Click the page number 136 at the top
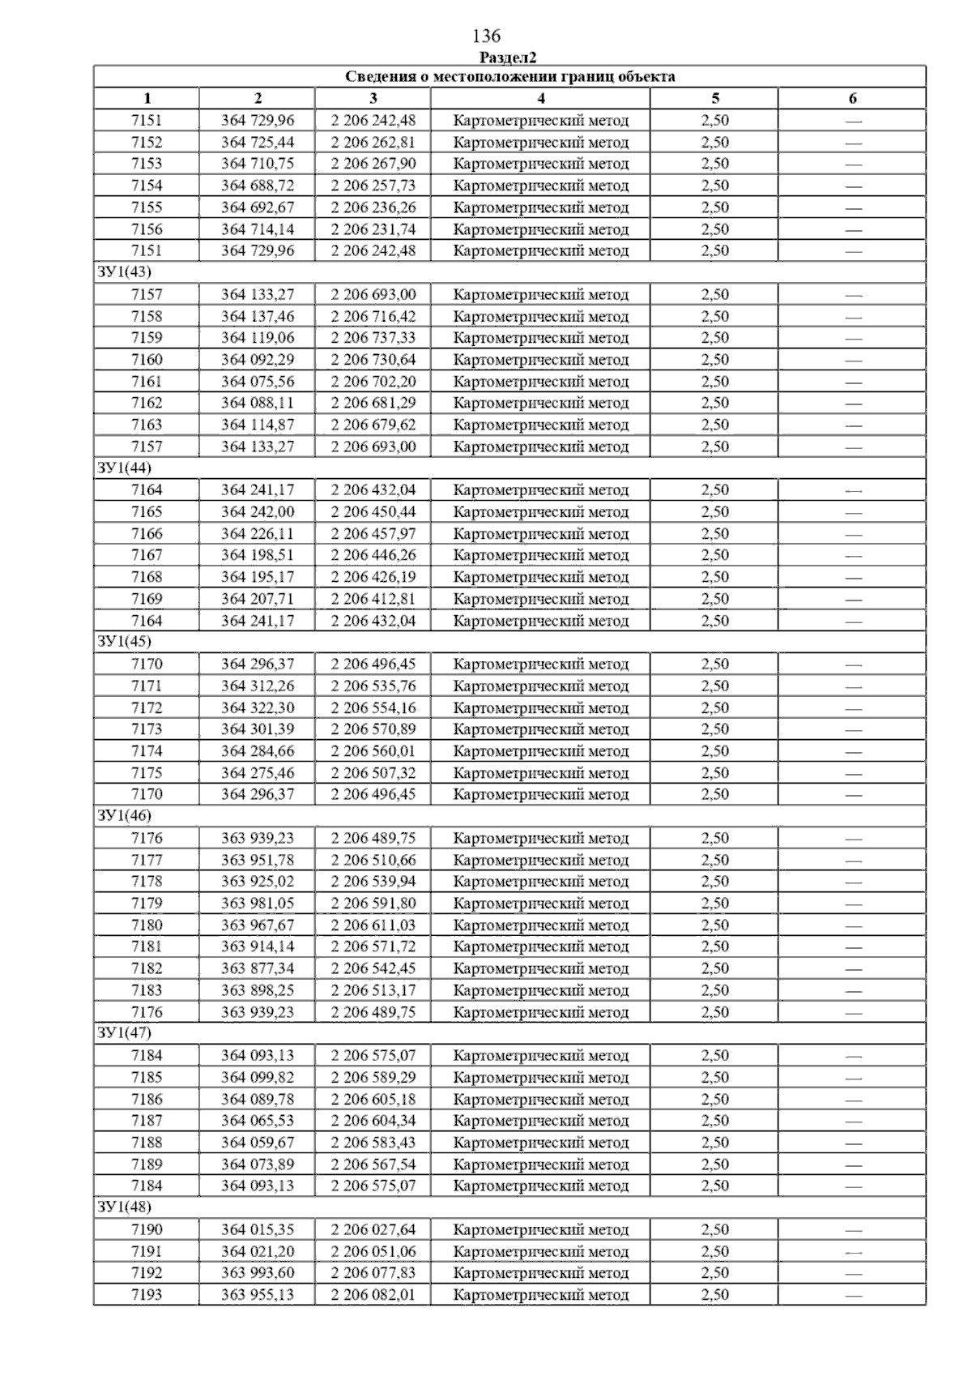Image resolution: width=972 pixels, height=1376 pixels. [x=486, y=36]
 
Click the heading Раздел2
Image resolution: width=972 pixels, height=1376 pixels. [x=508, y=58]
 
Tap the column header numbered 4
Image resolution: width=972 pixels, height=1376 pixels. [x=540, y=99]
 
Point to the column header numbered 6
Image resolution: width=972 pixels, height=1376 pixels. [x=852, y=99]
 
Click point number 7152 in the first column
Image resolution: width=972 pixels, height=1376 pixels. [x=147, y=143]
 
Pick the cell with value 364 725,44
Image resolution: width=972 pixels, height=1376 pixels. [x=258, y=143]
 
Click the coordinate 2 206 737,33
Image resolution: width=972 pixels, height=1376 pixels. [x=373, y=338]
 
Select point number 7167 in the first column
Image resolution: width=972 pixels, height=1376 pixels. [x=147, y=555]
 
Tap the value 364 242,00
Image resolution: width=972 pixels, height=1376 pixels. [x=258, y=512]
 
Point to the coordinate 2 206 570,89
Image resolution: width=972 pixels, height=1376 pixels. [x=373, y=729]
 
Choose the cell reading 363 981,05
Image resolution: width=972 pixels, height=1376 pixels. [x=258, y=904]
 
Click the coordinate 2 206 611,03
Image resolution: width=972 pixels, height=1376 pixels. [x=373, y=925]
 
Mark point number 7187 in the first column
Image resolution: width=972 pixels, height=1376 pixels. [x=147, y=1121]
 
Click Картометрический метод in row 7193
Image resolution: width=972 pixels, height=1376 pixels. [x=540, y=1295]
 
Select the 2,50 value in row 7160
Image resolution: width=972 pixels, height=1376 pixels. [x=714, y=360]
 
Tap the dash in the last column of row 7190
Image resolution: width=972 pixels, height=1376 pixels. [x=853, y=1231]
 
